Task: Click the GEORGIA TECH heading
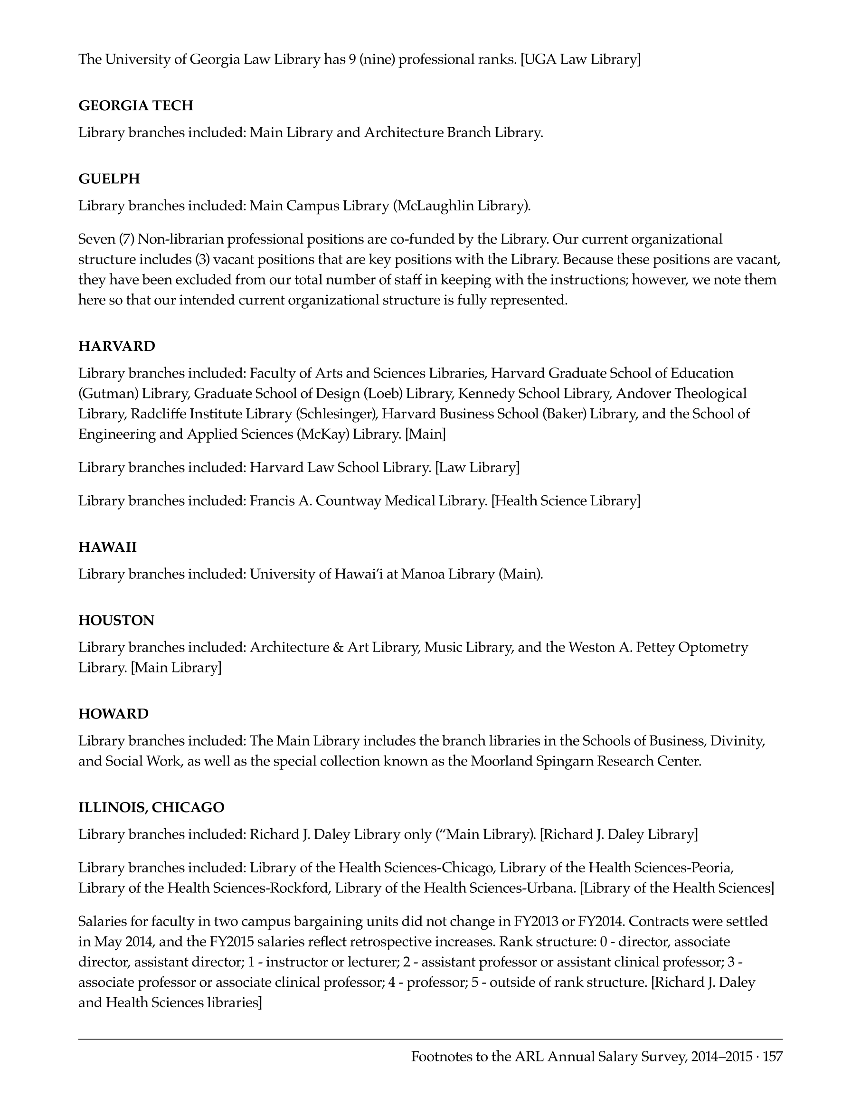(x=136, y=105)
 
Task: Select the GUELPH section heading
(x=109, y=179)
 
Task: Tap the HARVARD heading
(x=116, y=346)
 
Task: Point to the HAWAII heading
(x=107, y=547)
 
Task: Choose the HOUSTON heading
(x=116, y=620)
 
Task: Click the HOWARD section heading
(x=114, y=714)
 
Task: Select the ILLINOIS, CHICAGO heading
(x=151, y=808)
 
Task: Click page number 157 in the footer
(x=773, y=1056)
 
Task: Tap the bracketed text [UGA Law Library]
(x=581, y=59)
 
